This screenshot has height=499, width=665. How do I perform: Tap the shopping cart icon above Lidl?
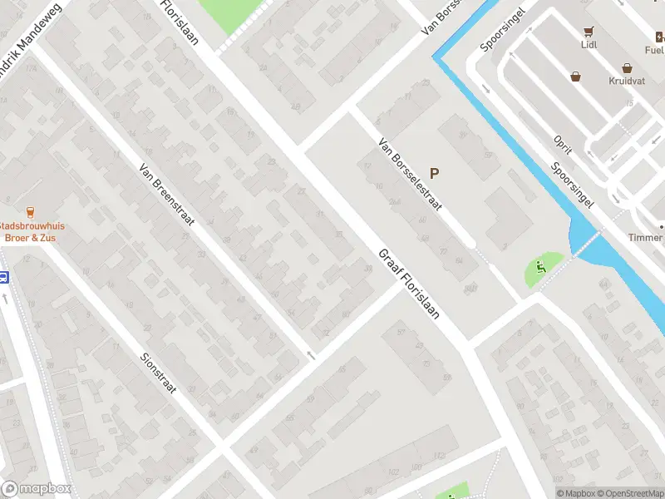click(x=589, y=32)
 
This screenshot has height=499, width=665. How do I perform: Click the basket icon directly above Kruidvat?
click(x=627, y=69)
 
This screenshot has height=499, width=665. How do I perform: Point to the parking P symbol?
click(x=434, y=174)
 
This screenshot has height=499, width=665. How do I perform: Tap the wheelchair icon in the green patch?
click(x=540, y=268)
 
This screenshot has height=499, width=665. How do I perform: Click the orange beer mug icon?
click(x=31, y=212)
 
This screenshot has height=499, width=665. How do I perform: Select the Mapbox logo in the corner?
click(x=37, y=489)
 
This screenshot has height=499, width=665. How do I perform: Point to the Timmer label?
click(x=646, y=237)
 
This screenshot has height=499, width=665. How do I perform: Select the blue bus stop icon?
click(x=3, y=278)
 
